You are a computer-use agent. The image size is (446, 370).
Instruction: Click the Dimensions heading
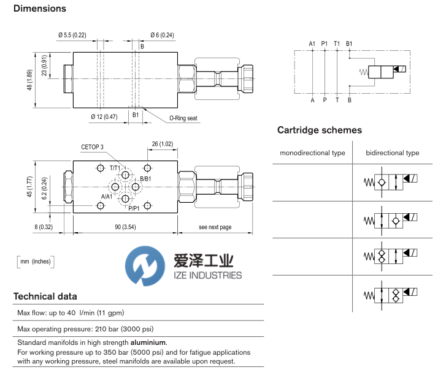pyautogui.click(x=39, y=9)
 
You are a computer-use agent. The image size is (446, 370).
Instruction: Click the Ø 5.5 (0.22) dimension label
pyautogui.click(x=72, y=35)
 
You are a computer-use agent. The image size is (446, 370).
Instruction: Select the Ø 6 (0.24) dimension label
pyautogui.click(x=163, y=35)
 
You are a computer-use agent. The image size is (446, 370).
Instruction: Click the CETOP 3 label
pyautogui.click(x=95, y=147)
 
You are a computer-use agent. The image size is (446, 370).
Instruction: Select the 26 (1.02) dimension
pyautogui.click(x=163, y=144)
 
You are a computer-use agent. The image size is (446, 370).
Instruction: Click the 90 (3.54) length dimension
pyautogui.click(x=125, y=227)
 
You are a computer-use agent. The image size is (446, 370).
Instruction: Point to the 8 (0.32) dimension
pyautogui.click(x=44, y=227)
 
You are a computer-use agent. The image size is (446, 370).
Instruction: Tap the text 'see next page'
pyautogui.click(x=215, y=227)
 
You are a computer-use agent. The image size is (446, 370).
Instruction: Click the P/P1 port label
pyautogui.click(x=135, y=208)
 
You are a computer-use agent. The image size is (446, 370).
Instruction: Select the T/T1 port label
pyautogui.click(x=116, y=167)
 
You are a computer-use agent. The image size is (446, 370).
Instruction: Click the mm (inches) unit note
pyautogui.click(x=36, y=262)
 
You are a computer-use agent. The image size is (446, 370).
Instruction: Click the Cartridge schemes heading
pyautogui.click(x=319, y=130)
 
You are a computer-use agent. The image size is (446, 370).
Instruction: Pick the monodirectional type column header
pyautogui.click(x=312, y=153)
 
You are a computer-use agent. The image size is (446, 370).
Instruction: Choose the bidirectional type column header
pyautogui.click(x=393, y=153)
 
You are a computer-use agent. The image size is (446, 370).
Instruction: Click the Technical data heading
pyautogui.click(x=45, y=296)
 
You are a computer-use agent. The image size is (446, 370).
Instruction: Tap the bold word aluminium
pyautogui.click(x=148, y=342)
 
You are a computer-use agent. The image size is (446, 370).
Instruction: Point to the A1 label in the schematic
pyautogui.click(x=312, y=43)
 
